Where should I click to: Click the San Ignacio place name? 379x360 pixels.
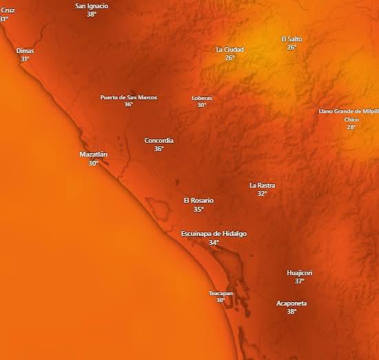click(x=92, y=6)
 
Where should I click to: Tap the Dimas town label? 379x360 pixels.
click(x=25, y=50)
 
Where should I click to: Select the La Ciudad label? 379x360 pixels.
click(x=229, y=49)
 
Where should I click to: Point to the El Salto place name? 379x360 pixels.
click(x=291, y=39)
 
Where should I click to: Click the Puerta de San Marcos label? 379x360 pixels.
click(x=128, y=97)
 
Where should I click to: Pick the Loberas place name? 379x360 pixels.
click(x=202, y=98)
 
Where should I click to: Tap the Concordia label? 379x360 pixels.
click(x=158, y=140)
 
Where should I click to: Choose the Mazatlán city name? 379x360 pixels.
click(x=93, y=154)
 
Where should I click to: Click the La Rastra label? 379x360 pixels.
click(x=262, y=185)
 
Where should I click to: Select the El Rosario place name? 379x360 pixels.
click(x=198, y=200)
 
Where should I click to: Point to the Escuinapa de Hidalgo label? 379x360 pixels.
click(x=214, y=234)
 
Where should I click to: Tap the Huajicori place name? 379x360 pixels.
click(x=300, y=272)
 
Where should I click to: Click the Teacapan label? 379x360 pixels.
click(x=221, y=293)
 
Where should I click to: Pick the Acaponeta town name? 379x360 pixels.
click(x=291, y=303)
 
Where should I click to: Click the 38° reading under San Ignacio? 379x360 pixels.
click(x=92, y=14)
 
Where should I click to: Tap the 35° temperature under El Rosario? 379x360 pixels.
click(x=198, y=209)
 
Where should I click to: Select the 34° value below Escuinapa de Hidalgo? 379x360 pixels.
click(x=214, y=243)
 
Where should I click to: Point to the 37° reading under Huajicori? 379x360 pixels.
click(x=300, y=281)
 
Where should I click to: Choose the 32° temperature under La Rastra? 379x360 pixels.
click(x=262, y=194)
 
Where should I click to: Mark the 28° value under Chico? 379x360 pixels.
click(x=351, y=127)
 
